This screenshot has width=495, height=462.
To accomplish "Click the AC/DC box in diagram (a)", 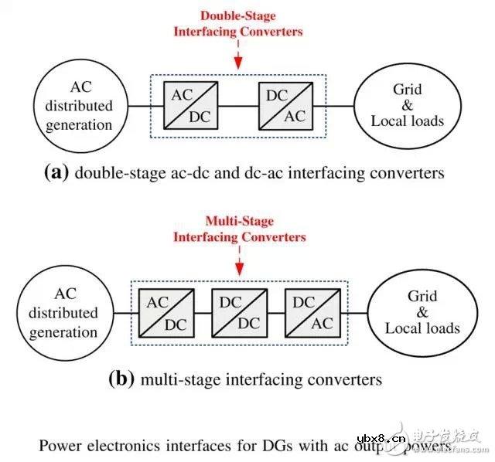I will coord(190,105).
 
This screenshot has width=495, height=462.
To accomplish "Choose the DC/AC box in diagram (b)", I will coord(314,313).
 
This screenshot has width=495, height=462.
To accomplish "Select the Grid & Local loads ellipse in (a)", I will coord(408,106).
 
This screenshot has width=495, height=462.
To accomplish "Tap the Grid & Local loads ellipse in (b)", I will coord(422,313).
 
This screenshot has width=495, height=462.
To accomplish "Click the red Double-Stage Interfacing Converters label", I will coord(237,23).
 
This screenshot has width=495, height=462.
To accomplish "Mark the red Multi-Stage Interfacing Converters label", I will coord(240,229).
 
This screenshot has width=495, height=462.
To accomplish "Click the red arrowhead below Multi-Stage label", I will coord(240,267).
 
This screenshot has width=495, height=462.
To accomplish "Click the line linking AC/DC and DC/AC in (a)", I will coord(237,105).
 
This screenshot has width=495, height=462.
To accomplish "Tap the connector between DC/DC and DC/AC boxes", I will coord(277,313).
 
